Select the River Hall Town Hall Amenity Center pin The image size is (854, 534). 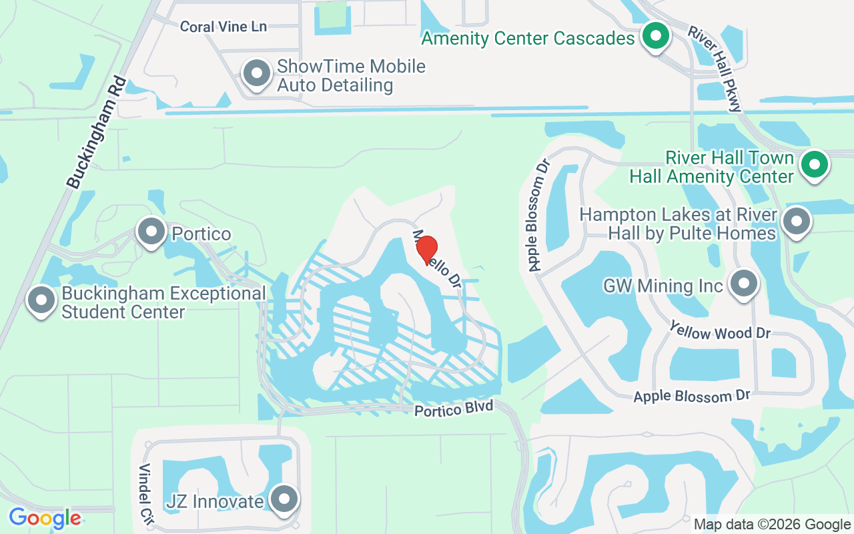pos(813,164)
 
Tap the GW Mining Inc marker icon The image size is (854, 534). pos(743,284)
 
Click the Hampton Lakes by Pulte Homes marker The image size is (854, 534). pos(795,222)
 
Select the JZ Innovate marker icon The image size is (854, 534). pos(285,499)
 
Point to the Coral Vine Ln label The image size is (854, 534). pos(224,27)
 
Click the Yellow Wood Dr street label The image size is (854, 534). pos(720,330)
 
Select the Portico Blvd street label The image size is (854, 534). pos(454,408)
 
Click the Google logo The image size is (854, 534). pos(45,518)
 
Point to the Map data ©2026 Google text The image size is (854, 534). pos(772,525)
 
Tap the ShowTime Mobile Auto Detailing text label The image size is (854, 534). pos(350,75)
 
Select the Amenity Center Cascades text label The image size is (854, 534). pos(528,38)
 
